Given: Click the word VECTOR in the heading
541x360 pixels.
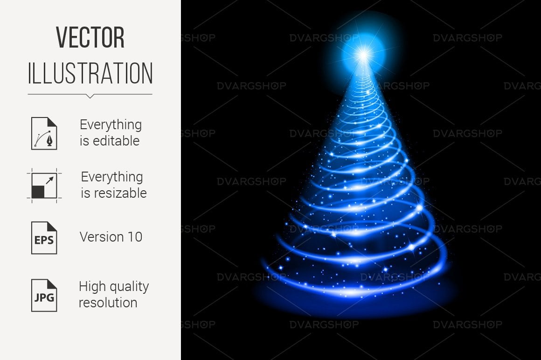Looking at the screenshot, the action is (x=90, y=38).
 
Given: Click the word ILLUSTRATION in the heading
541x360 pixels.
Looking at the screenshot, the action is (x=90, y=73).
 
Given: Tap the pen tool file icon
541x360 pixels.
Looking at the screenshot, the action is (x=44, y=133).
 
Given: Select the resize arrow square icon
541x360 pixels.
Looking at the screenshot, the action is (x=44, y=186).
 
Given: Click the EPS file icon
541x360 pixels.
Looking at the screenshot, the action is (x=44, y=238).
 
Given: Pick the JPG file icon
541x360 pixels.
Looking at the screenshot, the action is (x=44, y=295).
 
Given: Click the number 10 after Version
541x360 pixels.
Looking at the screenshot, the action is (x=135, y=237).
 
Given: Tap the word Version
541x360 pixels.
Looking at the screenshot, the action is (x=102, y=237).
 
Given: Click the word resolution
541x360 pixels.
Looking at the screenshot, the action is (x=108, y=303).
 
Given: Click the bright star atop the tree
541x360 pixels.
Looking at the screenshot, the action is (x=363, y=55).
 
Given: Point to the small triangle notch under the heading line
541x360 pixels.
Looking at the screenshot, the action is (x=90, y=96).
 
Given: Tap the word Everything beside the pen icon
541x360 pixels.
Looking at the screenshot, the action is (x=111, y=125).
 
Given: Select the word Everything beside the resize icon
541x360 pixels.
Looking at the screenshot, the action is (x=112, y=177).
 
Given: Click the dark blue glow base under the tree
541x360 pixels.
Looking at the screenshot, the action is (x=355, y=300).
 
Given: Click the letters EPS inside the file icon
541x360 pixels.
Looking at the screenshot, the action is (x=44, y=240).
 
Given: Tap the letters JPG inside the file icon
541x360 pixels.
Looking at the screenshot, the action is (x=44, y=297).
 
